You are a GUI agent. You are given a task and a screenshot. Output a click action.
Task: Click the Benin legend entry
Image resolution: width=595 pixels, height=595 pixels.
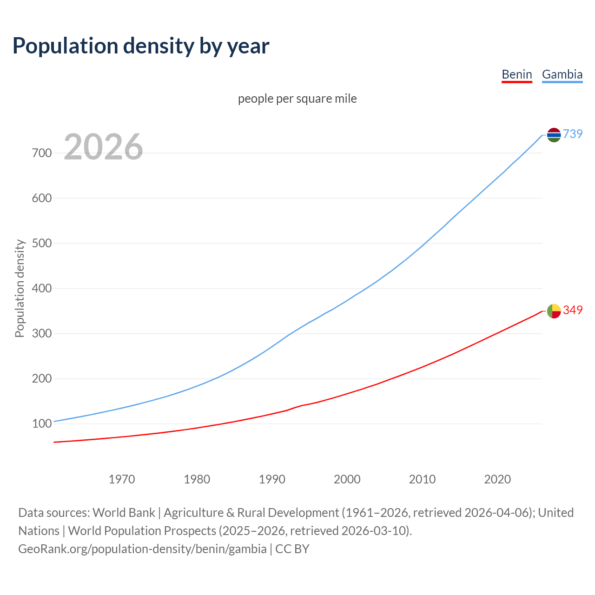pos(516,74)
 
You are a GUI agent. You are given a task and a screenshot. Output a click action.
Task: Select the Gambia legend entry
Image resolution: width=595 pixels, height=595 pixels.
pos(562,74)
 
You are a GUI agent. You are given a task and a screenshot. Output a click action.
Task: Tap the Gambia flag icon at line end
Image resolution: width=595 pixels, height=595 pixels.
pos(554,135)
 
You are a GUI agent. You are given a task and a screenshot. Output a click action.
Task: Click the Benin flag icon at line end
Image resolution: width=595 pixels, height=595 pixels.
pos(554,311)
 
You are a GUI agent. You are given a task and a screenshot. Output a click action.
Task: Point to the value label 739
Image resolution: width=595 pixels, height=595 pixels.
pos(573,134)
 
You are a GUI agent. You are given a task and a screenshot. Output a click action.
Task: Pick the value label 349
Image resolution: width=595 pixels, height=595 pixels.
pos(573,310)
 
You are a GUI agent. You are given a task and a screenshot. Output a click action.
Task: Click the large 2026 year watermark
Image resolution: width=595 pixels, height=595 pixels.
pos(103,147)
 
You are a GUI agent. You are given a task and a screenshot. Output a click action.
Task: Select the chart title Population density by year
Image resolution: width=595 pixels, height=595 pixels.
pos(141,46)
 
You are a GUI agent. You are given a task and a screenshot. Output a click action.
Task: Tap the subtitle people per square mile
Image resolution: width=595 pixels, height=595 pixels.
pos(297,99)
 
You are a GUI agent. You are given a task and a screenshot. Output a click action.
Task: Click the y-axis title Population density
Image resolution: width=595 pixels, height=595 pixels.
pos(20,288)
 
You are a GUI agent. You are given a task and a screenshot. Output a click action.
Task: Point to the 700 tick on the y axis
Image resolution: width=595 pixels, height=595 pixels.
pos(42,153)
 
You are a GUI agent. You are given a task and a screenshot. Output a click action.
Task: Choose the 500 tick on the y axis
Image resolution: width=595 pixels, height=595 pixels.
pos(42,243)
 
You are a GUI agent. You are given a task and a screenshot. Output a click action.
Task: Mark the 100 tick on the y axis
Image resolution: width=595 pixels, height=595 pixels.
pos(42,423)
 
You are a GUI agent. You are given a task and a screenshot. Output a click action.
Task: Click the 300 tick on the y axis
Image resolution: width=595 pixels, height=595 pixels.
pos(42,333)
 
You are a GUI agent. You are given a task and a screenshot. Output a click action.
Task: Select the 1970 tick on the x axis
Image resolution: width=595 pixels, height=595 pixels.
pos(122,479)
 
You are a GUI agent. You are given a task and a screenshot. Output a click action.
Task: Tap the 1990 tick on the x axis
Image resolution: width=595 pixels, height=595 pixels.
pos(272,479)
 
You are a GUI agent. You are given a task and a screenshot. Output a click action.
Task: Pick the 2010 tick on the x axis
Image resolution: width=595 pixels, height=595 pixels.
pos(422,479)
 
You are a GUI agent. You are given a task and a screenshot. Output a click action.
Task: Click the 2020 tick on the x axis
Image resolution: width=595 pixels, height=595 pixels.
pos(497,479)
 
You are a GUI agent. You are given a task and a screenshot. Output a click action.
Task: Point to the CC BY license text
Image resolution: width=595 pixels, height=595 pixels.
pos(292,549)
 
